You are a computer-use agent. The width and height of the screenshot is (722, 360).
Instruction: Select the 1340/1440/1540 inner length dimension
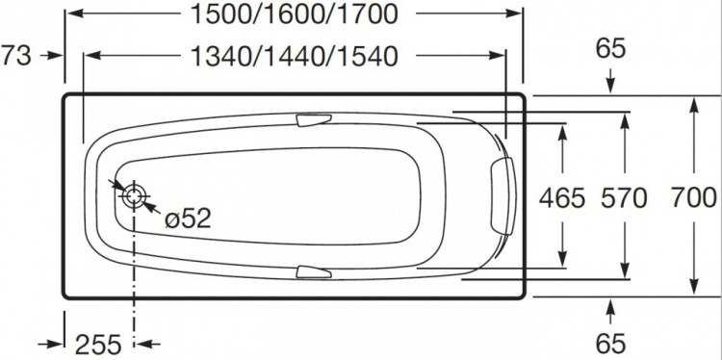294,57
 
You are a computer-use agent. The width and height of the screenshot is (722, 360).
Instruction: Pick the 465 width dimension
563,199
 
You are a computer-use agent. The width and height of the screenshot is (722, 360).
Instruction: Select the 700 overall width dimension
693,199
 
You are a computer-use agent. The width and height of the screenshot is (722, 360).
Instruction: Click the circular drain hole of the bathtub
134,196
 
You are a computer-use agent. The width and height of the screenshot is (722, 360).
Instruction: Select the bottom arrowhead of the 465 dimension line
563,260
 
